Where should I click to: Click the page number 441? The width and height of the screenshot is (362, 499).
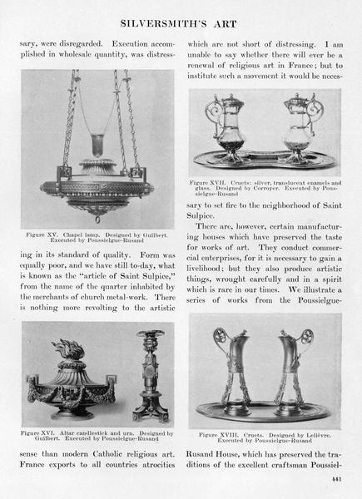336,479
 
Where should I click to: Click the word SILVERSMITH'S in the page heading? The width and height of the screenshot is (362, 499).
163,24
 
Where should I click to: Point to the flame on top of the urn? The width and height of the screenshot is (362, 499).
69,349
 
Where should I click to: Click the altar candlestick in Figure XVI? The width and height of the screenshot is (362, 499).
151,376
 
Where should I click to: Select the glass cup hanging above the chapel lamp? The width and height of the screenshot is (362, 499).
97,145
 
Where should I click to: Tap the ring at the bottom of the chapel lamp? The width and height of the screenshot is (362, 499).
97,220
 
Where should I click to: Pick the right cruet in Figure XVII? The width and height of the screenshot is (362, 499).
300,127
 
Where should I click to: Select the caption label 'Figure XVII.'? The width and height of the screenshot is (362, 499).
207,183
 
